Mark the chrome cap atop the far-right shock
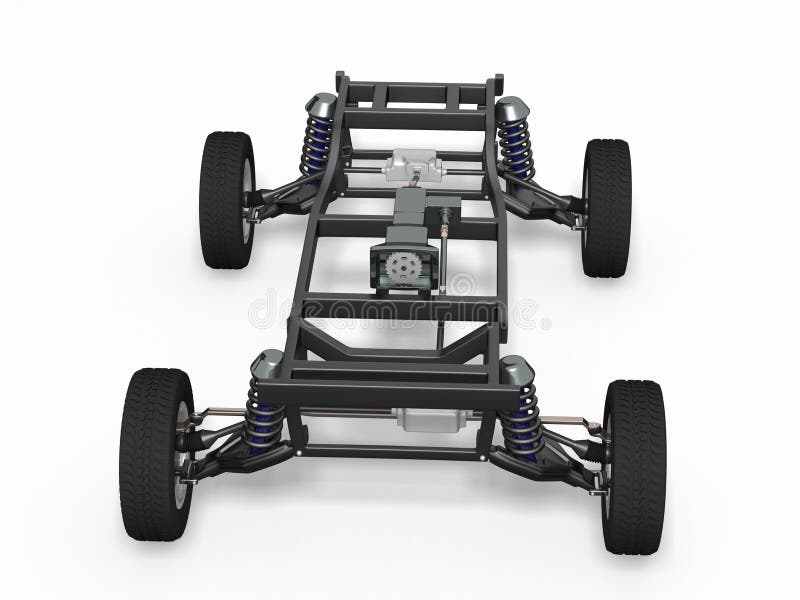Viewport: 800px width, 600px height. click(513, 108)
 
